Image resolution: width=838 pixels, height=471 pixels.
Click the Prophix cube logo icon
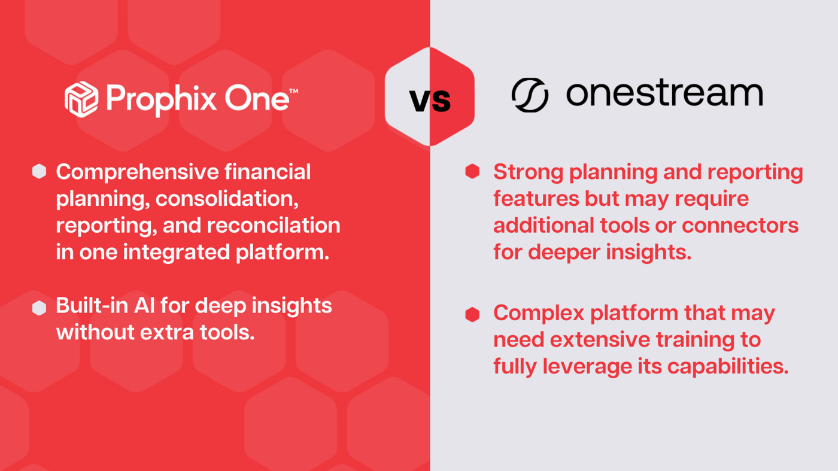tap(81, 99)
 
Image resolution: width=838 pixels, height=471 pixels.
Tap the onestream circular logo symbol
tap(530, 95)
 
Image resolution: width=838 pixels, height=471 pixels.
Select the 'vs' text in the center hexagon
tap(430, 99)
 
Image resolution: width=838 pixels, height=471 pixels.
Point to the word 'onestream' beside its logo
tap(664, 94)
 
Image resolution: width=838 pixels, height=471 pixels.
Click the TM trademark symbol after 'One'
tap(293, 92)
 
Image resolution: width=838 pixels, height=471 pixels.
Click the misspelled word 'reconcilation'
tap(274, 226)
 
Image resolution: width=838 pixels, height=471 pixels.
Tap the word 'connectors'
tap(740, 226)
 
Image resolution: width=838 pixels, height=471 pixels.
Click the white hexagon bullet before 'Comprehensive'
tap(39, 172)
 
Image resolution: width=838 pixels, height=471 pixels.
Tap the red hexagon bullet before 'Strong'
tap(472, 172)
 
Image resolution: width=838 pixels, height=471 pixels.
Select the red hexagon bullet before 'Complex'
tap(472, 314)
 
